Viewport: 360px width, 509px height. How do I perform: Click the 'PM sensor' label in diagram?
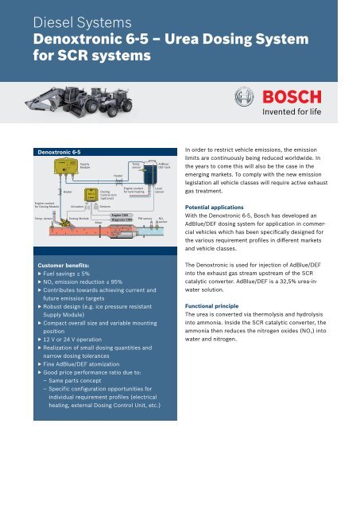(x=145, y=217)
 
